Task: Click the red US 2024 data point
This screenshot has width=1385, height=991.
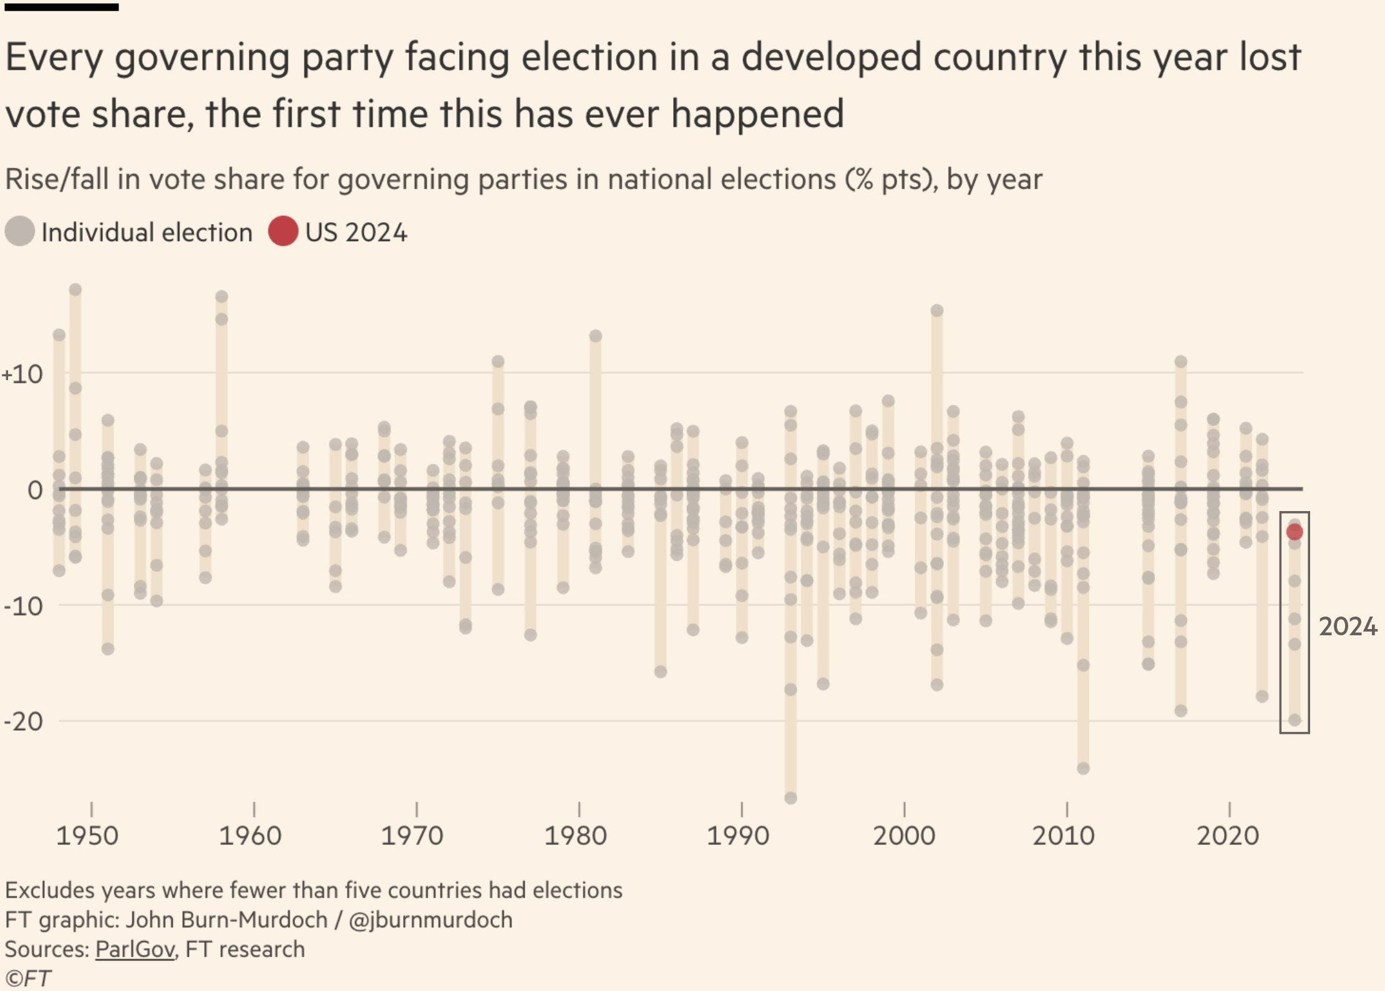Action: (x=1295, y=532)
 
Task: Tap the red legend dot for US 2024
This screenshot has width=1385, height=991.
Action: (x=283, y=232)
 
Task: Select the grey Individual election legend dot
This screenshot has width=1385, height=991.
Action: (x=19, y=232)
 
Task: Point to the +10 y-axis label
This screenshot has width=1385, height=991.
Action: (x=22, y=374)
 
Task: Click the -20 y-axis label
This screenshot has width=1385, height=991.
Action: (x=23, y=721)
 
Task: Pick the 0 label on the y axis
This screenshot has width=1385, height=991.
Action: (x=35, y=491)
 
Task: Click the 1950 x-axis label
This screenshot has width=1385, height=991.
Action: (x=87, y=836)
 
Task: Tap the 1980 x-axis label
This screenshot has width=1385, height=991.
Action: (x=575, y=836)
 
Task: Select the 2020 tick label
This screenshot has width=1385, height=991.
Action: (x=1228, y=836)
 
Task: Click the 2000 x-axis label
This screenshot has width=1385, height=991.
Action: (x=904, y=836)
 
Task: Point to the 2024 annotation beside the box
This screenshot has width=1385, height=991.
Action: (x=1348, y=627)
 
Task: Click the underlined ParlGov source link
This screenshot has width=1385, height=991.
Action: (x=135, y=949)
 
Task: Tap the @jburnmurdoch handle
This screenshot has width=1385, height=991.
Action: (x=430, y=920)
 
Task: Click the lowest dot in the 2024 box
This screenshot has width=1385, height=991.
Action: (x=1295, y=720)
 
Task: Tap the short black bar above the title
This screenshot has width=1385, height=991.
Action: (x=61, y=7)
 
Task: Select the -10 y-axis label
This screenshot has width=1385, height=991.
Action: (x=23, y=606)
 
